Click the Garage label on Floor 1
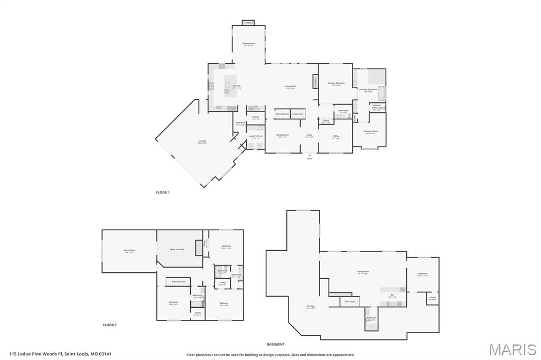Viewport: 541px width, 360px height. click(x=202, y=141)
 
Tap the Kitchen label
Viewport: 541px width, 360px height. click(x=236, y=86)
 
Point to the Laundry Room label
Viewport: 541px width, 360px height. click(x=256, y=136)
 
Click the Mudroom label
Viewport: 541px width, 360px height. click(x=240, y=122)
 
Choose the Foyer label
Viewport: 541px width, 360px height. click(x=310, y=135)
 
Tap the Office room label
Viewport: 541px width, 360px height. click(x=336, y=136)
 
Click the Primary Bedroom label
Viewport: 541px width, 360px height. click(x=336, y=83)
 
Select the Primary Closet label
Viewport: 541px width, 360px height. click(x=370, y=131)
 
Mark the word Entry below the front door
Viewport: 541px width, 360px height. click(x=310, y=158)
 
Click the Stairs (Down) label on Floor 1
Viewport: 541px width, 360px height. click(x=282, y=113)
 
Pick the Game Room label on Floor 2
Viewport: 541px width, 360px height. click(x=129, y=250)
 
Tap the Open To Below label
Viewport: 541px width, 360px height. click(x=177, y=249)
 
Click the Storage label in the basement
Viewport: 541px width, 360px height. click(x=311, y=306)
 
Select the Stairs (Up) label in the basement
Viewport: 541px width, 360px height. click(x=350, y=301)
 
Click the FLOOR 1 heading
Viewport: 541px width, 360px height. click(x=163, y=192)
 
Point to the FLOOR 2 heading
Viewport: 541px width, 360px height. click(x=109, y=325)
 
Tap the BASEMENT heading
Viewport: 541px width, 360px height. click(x=275, y=344)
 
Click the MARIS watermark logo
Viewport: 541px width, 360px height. click(x=512, y=349)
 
